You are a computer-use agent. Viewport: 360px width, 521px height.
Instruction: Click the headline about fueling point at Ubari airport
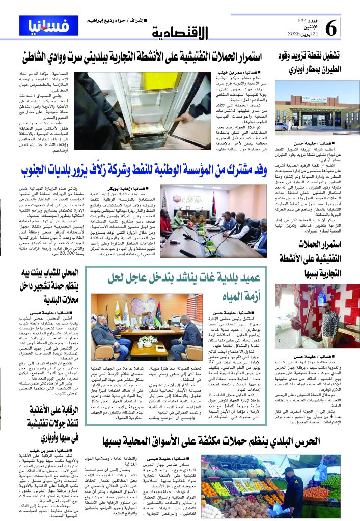(x=310, y=62)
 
